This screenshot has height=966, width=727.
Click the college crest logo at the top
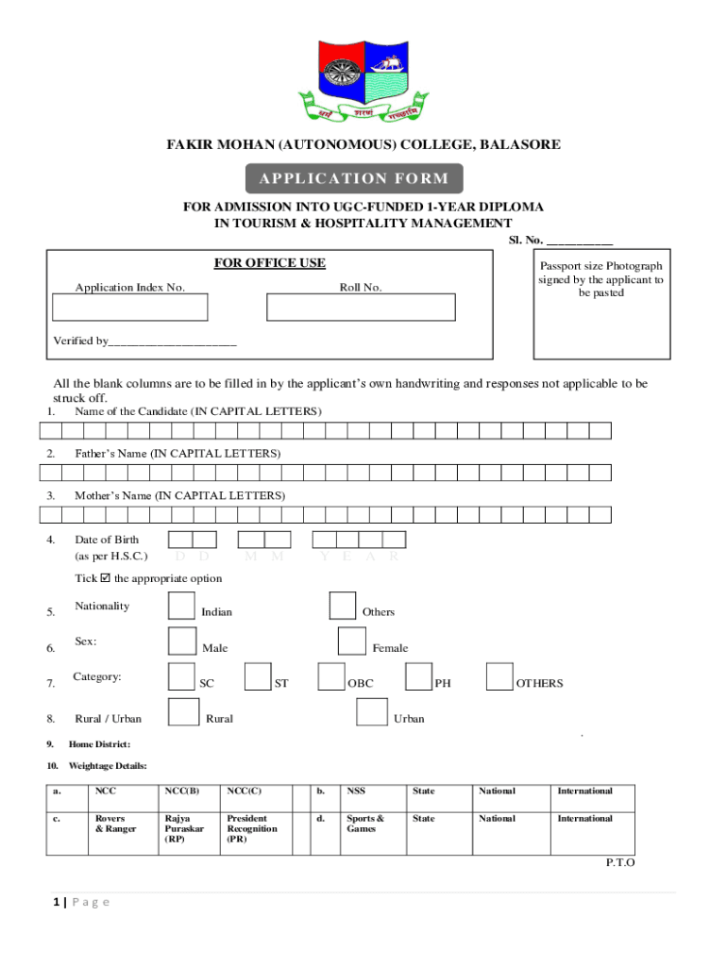pyautogui.click(x=363, y=82)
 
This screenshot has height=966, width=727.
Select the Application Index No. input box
pyautogui.click(x=130, y=308)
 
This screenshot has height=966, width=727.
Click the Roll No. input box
pyautogui.click(x=361, y=308)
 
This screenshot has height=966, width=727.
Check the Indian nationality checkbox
pyautogui.click(x=182, y=607)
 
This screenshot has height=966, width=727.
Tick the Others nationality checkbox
pyautogui.click(x=343, y=607)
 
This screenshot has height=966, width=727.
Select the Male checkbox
pyautogui.click(x=182, y=641)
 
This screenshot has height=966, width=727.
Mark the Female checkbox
pyautogui.click(x=352, y=641)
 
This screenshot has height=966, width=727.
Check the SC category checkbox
pyautogui.click(x=182, y=677)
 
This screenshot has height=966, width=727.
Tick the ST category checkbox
pyautogui.click(x=258, y=677)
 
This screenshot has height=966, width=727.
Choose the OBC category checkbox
pyautogui.click(x=331, y=677)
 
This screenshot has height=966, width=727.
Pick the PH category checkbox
pyautogui.click(x=419, y=677)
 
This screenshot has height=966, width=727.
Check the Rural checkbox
pyautogui.click(x=182, y=713)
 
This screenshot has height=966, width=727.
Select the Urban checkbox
pyautogui.click(x=371, y=713)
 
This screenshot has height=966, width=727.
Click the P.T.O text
pyautogui.click(x=620, y=862)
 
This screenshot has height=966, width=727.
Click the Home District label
pyautogui.click(x=99, y=744)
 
